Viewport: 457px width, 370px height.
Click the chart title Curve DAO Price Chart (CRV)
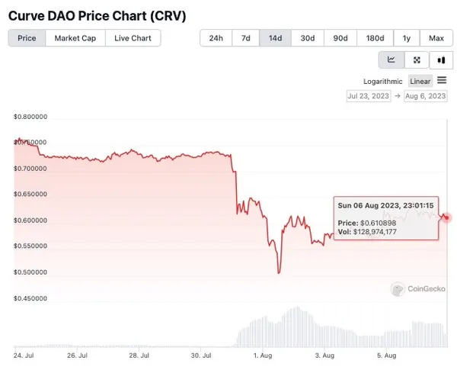tap(97, 15)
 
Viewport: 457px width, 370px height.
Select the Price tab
tap(27, 38)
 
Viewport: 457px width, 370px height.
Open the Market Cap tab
tap(75, 38)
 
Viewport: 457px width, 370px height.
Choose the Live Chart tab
tap(133, 38)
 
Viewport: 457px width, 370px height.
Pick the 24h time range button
tap(216, 38)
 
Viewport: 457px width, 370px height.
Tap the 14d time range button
tap(276, 38)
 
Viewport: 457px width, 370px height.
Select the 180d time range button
tap(375, 38)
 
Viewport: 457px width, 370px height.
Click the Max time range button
tap(436, 38)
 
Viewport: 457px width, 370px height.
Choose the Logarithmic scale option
tap(382, 81)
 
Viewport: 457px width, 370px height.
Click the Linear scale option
tap(420, 81)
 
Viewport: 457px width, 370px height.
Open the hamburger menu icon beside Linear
tap(442, 81)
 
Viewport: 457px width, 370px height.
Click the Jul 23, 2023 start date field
tap(369, 96)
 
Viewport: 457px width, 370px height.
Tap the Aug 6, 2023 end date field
tap(425, 96)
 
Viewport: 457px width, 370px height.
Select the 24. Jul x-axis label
tap(24, 355)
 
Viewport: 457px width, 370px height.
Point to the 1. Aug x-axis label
tap(261, 355)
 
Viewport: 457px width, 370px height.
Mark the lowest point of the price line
tap(279, 273)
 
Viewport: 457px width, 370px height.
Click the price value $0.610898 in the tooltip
tap(379, 223)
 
